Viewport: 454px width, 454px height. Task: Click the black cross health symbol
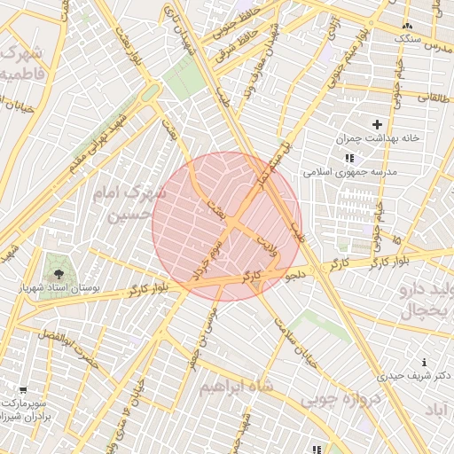click(378, 124)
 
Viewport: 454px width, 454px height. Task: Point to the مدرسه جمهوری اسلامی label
click(350, 171)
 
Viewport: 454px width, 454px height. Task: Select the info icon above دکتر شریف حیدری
click(426, 362)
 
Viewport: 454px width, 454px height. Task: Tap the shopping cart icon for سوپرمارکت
click(23, 389)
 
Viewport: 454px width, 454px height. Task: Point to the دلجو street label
click(296, 276)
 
